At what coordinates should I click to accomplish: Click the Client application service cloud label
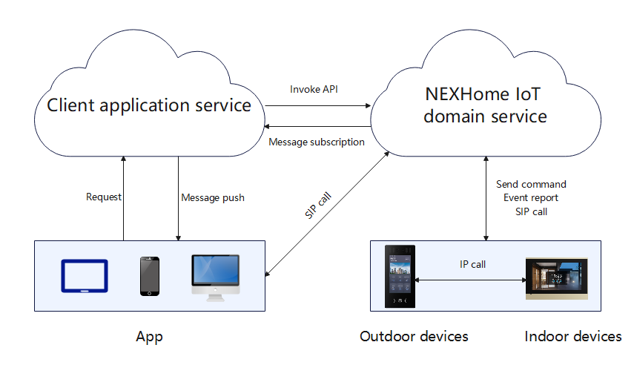[x=149, y=105]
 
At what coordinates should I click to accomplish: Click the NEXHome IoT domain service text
[x=486, y=105]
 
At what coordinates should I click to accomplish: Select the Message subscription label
[x=317, y=142]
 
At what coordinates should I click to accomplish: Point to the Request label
[x=104, y=197]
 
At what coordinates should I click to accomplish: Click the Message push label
[x=213, y=198]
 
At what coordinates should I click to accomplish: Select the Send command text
[x=531, y=184]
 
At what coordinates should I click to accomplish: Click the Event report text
[x=531, y=198]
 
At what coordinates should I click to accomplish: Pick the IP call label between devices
[x=472, y=264]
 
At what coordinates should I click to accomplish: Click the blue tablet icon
[x=84, y=276]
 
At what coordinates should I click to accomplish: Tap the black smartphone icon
[x=150, y=276]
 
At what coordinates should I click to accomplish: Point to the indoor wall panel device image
[x=556, y=279]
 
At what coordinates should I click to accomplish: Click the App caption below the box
[x=149, y=337]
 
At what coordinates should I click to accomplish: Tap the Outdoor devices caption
[x=414, y=337]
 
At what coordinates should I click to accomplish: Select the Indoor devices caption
[x=572, y=337]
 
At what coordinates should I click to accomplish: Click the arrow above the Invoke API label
[x=319, y=105]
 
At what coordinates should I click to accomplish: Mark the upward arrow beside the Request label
[x=124, y=198]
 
